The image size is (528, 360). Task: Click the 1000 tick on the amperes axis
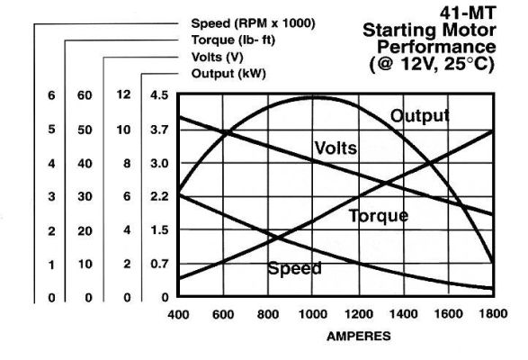coord(313,314)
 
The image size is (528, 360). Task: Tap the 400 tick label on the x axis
coord(178,315)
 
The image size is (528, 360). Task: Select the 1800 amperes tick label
coord(493,314)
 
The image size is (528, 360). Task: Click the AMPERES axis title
coord(359,336)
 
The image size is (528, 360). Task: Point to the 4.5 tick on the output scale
coord(159,95)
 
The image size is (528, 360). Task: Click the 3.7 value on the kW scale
coord(159,130)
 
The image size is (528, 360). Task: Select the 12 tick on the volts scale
coord(123,94)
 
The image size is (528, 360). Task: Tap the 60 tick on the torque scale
coord(85,95)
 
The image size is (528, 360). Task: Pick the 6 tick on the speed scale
coord(51,95)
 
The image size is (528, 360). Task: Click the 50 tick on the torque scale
coord(85,130)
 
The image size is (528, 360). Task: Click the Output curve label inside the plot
coord(419,116)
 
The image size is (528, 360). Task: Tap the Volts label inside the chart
coord(336,148)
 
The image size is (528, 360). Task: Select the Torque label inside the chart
coord(379,216)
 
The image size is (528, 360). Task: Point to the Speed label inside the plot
coord(295,269)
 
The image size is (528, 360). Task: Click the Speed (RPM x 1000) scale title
coord(254,23)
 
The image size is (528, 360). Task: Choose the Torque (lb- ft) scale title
coord(233,40)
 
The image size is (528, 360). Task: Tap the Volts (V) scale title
coord(217,57)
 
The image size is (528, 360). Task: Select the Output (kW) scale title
coord(228,74)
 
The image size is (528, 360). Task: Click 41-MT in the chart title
coord(468,13)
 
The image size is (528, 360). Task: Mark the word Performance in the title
coord(436,47)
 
